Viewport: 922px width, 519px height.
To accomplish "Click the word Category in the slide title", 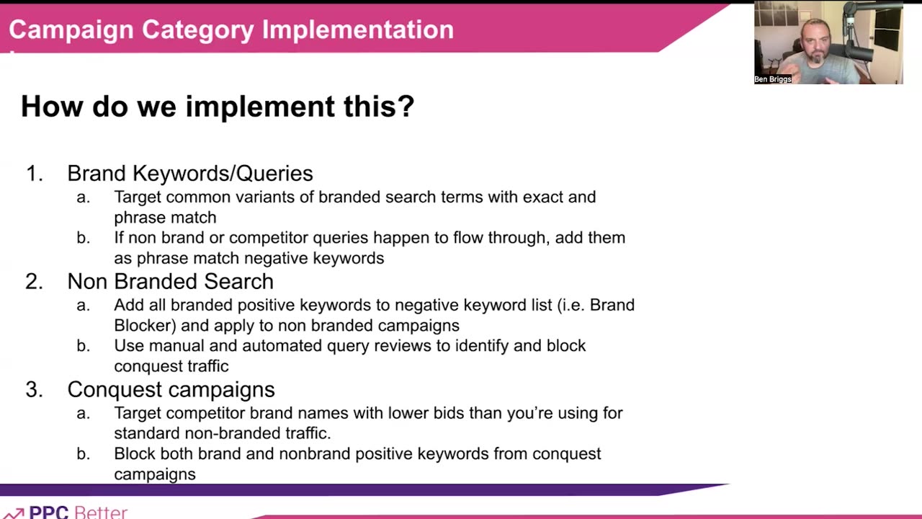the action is tap(197, 30).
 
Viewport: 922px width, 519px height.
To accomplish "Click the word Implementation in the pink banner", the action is tap(358, 30).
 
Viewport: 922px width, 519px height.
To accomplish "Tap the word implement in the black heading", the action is tap(260, 107).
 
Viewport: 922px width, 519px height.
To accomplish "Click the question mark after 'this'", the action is tap(406, 106).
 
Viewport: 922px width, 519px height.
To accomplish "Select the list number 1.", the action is tap(34, 174).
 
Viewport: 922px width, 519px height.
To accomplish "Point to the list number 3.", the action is tap(34, 390).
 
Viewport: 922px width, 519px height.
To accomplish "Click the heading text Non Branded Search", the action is tap(171, 282).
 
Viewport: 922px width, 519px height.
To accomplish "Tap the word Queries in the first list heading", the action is tap(274, 174).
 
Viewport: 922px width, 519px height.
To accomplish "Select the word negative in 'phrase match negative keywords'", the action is tap(276, 258).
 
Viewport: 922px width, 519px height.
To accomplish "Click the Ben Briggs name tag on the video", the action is tap(773, 79).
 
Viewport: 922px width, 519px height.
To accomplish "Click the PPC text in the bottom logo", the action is tap(48, 512).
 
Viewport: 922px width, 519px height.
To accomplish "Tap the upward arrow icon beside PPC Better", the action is tap(13, 514).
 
